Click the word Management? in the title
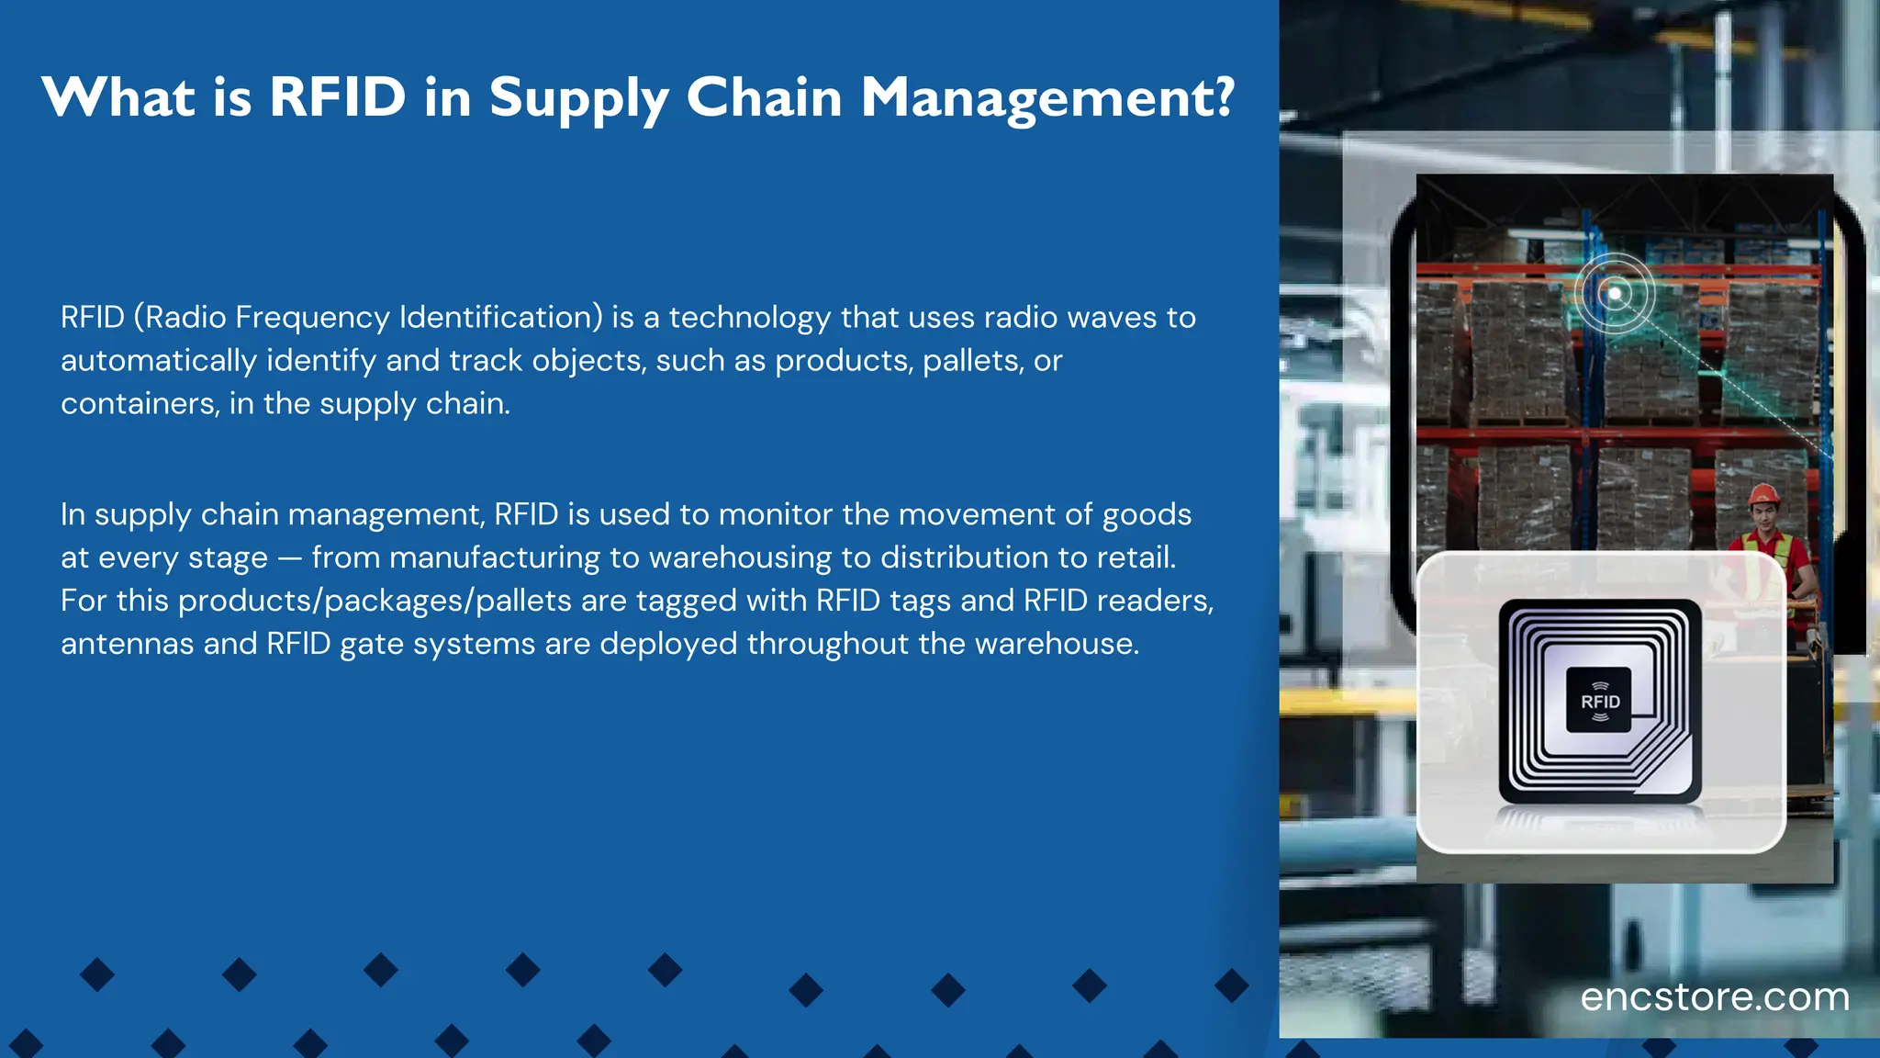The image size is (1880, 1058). coord(1047,97)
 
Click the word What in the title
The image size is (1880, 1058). coord(118,97)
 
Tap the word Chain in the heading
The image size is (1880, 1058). coord(764,97)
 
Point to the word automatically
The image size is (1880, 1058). coord(158,360)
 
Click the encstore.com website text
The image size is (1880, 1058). coord(1714,997)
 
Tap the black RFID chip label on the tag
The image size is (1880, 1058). coord(1599,701)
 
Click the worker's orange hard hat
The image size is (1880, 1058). coord(1762,496)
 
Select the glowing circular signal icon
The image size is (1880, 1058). coord(1615,294)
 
